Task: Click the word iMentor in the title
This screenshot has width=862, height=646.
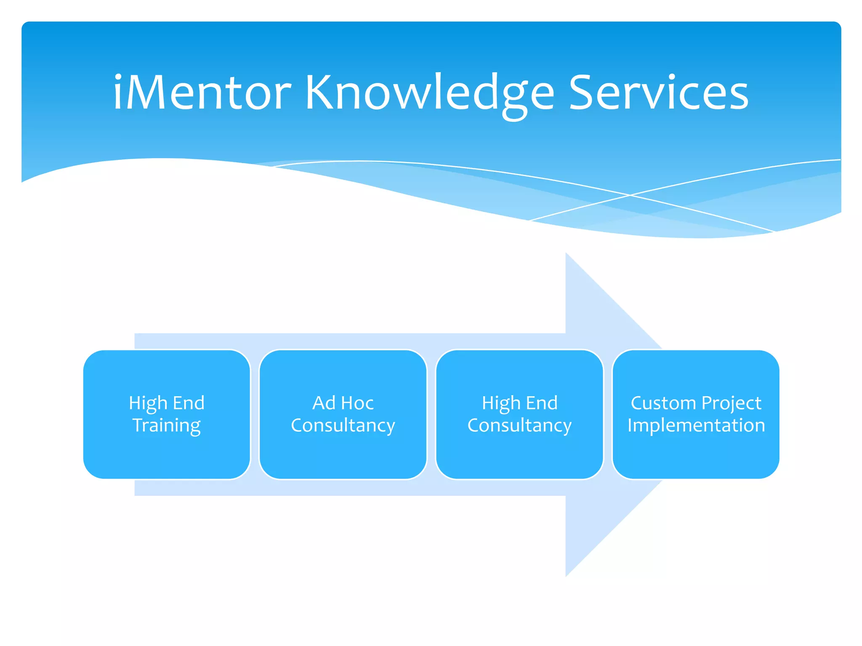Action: [202, 93]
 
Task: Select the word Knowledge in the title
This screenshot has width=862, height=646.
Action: [429, 93]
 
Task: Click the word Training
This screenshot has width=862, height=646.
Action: [167, 426]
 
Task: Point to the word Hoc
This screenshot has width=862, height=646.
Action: [357, 403]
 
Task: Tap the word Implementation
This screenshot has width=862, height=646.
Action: [696, 425]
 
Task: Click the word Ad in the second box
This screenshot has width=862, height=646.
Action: [324, 403]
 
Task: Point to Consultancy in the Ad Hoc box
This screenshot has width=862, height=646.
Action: [343, 426]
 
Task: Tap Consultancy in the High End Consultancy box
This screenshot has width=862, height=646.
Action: [519, 426]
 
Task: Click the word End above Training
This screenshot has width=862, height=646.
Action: [189, 403]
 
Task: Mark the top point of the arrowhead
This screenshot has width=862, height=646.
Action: [566, 254]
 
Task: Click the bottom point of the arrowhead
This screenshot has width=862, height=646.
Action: [566, 576]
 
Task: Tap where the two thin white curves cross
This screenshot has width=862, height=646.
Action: [630, 195]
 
